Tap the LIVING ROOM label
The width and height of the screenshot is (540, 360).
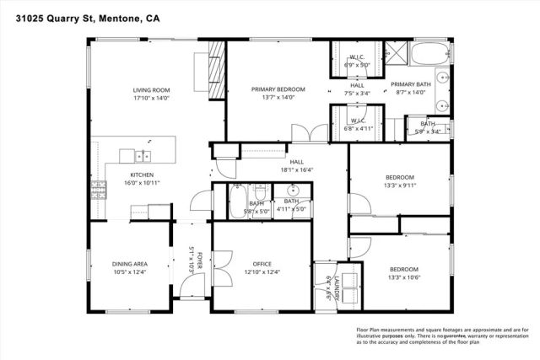pyautogui.click(x=152, y=90)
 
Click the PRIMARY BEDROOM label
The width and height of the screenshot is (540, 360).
pyautogui.click(x=278, y=89)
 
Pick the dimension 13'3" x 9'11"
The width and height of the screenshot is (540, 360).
pyautogui.click(x=402, y=185)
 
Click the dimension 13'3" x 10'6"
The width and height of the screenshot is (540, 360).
pyautogui.click(x=403, y=277)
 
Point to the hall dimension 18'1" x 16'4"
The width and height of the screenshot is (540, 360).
pyautogui.click(x=296, y=169)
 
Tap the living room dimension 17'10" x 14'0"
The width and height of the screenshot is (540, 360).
pyautogui.click(x=152, y=98)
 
